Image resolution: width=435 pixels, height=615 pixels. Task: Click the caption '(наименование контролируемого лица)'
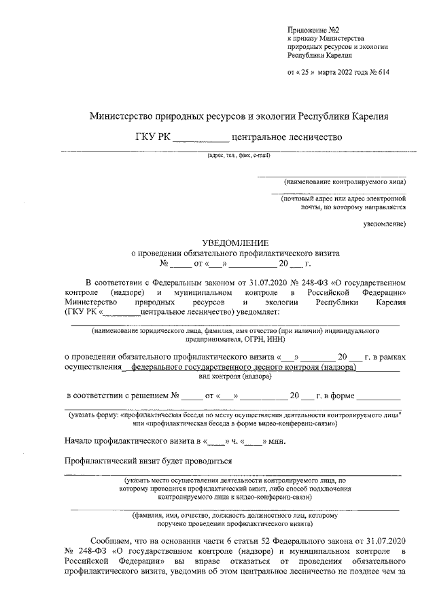coord(345,181)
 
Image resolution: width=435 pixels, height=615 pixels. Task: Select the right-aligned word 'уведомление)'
coord(385,222)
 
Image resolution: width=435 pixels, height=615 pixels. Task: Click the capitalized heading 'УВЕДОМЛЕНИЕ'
coord(236,243)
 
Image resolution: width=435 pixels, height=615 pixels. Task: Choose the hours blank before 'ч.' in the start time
coord(216,440)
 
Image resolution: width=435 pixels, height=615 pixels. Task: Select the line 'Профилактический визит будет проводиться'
coord(148,460)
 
